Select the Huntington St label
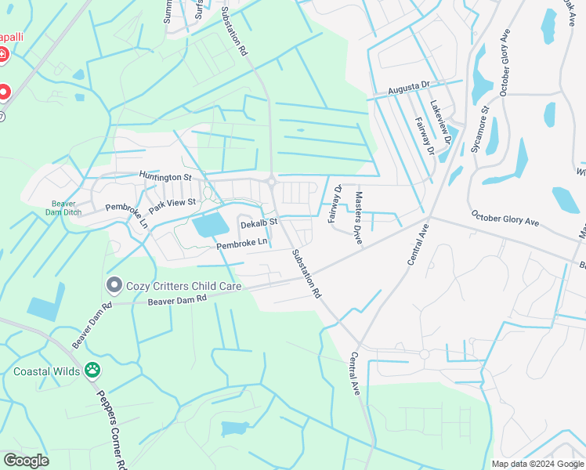click(165, 177)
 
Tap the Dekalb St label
click(259, 223)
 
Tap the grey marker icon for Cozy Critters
click(114, 284)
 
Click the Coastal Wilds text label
click(46, 371)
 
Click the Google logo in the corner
click(26, 460)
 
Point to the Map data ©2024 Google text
click(537, 464)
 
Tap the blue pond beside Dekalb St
click(210, 225)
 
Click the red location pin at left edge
click(3, 92)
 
